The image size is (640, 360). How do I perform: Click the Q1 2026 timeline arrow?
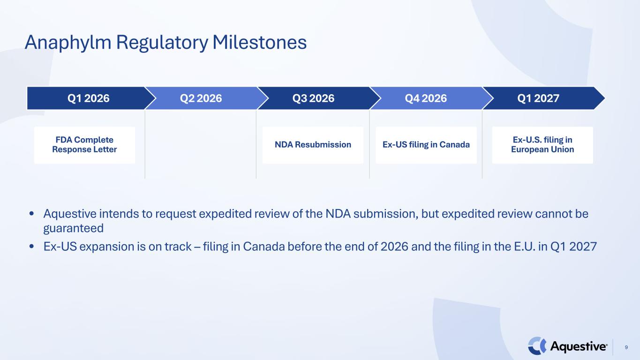tap(89, 98)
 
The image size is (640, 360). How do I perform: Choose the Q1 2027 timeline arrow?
tap(542, 98)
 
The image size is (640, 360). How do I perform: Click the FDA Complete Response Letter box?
tap(84, 145)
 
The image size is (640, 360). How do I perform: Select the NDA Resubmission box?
tap(313, 145)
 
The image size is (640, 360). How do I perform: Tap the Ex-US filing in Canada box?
tap(426, 145)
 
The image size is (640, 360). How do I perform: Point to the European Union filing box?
tap(542, 145)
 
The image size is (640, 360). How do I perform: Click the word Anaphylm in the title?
tap(68, 43)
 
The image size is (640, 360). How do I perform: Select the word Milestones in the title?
tap(259, 42)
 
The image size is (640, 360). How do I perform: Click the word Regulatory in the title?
tap(162, 43)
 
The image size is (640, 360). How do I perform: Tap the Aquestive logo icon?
tap(537, 346)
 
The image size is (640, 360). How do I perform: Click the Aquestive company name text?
tap(579, 346)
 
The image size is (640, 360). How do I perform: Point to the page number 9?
tap(626, 347)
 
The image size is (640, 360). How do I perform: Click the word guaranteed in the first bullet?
tap(74, 229)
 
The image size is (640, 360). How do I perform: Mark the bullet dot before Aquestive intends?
tap(32, 213)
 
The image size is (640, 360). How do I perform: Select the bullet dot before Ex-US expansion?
tap(32, 246)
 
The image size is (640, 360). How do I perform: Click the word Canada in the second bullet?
tap(264, 247)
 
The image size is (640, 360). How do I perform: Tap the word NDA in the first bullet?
tap(338, 214)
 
